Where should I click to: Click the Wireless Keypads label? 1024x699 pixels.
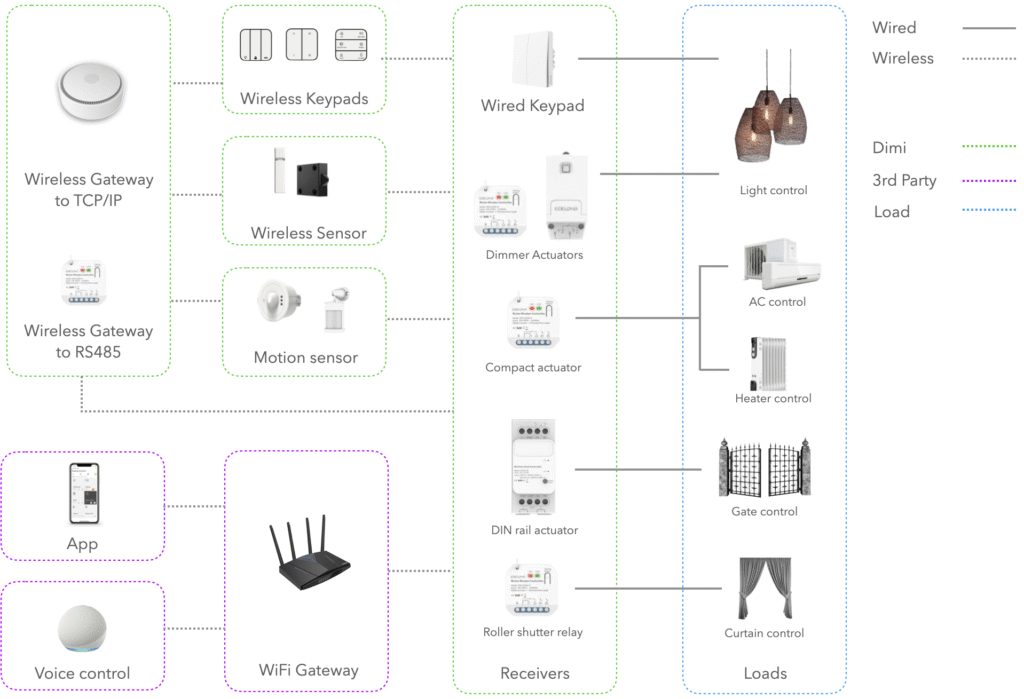304,99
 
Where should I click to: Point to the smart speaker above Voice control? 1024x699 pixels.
81,628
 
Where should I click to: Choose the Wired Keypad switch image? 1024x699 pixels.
532,59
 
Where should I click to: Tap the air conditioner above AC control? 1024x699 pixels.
781,265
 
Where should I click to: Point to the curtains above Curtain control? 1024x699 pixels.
765,589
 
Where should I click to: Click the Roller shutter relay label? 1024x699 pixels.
533,632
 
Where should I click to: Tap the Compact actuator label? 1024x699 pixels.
533,367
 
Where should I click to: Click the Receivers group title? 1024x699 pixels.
535,673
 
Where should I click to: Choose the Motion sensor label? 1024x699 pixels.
305,357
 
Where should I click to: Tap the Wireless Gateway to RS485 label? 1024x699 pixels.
89,339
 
